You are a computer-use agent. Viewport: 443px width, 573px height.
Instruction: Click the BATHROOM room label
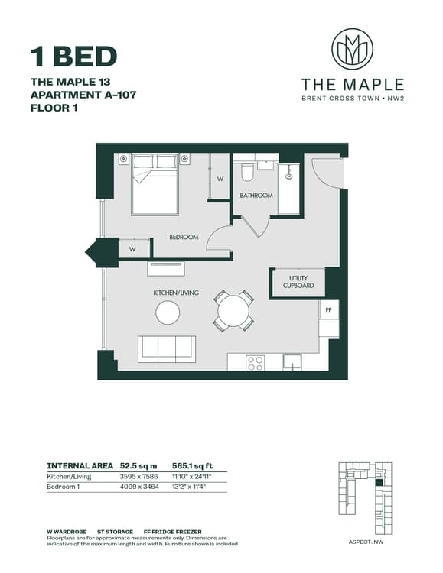(256, 196)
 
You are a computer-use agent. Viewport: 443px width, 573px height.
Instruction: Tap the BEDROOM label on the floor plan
(184, 237)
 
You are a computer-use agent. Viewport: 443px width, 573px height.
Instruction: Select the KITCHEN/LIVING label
(176, 293)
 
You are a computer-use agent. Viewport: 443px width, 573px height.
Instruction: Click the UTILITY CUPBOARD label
(298, 282)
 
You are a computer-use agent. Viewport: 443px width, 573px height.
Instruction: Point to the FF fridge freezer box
(328, 310)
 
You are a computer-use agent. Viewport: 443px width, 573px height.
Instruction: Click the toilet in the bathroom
(247, 173)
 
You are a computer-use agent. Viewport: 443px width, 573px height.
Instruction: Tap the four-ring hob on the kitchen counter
(256, 362)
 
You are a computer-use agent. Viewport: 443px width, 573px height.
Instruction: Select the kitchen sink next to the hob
(292, 362)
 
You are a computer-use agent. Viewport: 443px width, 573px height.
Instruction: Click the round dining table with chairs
(233, 311)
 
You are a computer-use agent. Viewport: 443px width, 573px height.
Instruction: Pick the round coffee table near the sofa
(168, 312)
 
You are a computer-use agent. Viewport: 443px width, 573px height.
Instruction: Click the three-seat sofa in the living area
(167, 349)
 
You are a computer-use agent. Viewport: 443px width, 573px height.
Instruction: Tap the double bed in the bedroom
(155, 185)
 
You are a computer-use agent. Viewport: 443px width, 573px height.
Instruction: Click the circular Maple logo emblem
(352, 49)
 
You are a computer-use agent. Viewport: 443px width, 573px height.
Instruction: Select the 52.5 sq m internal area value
(138, 466)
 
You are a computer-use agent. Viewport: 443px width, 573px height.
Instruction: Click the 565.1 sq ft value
(193, 466)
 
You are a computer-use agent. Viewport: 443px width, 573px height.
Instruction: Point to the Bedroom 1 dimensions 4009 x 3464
(139, 487)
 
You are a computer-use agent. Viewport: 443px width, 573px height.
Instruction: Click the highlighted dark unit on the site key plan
(379, 483)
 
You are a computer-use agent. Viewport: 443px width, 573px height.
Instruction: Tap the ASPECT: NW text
(366, 542)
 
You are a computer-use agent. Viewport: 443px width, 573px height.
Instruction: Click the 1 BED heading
(73, 57)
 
